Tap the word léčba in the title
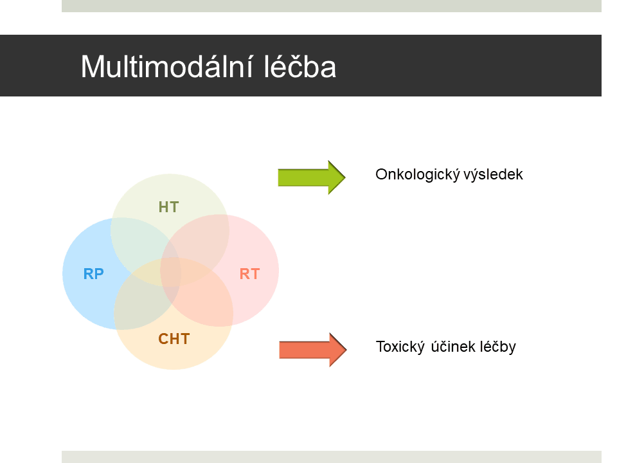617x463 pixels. (300, 66)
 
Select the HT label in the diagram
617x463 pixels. (169, 207)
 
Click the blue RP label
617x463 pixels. (94, 274)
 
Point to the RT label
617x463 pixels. (250, 274)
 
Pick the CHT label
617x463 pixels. (174, 339)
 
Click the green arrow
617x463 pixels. (312, 177)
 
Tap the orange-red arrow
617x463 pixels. (313, 350)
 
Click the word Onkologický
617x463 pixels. (418, 174)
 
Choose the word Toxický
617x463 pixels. (400, 347)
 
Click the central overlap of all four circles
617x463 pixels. (171, 271)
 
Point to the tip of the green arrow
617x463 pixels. (346, 177)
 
